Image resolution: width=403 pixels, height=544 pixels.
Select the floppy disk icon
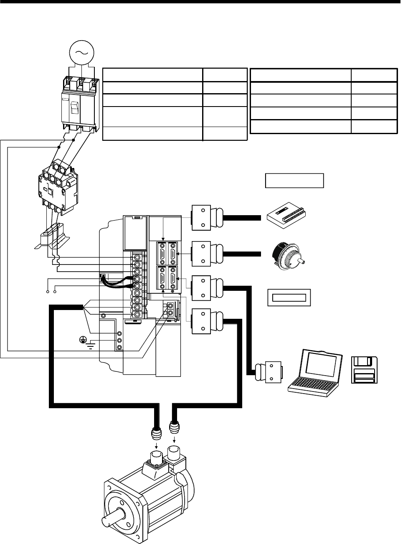(x=365, y=371)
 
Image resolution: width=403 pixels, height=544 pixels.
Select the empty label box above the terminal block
(x=294, y=180)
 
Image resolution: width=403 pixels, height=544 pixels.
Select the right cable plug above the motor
(x=175, y=429)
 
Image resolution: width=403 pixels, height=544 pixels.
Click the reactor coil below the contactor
(x=52, y=238)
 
